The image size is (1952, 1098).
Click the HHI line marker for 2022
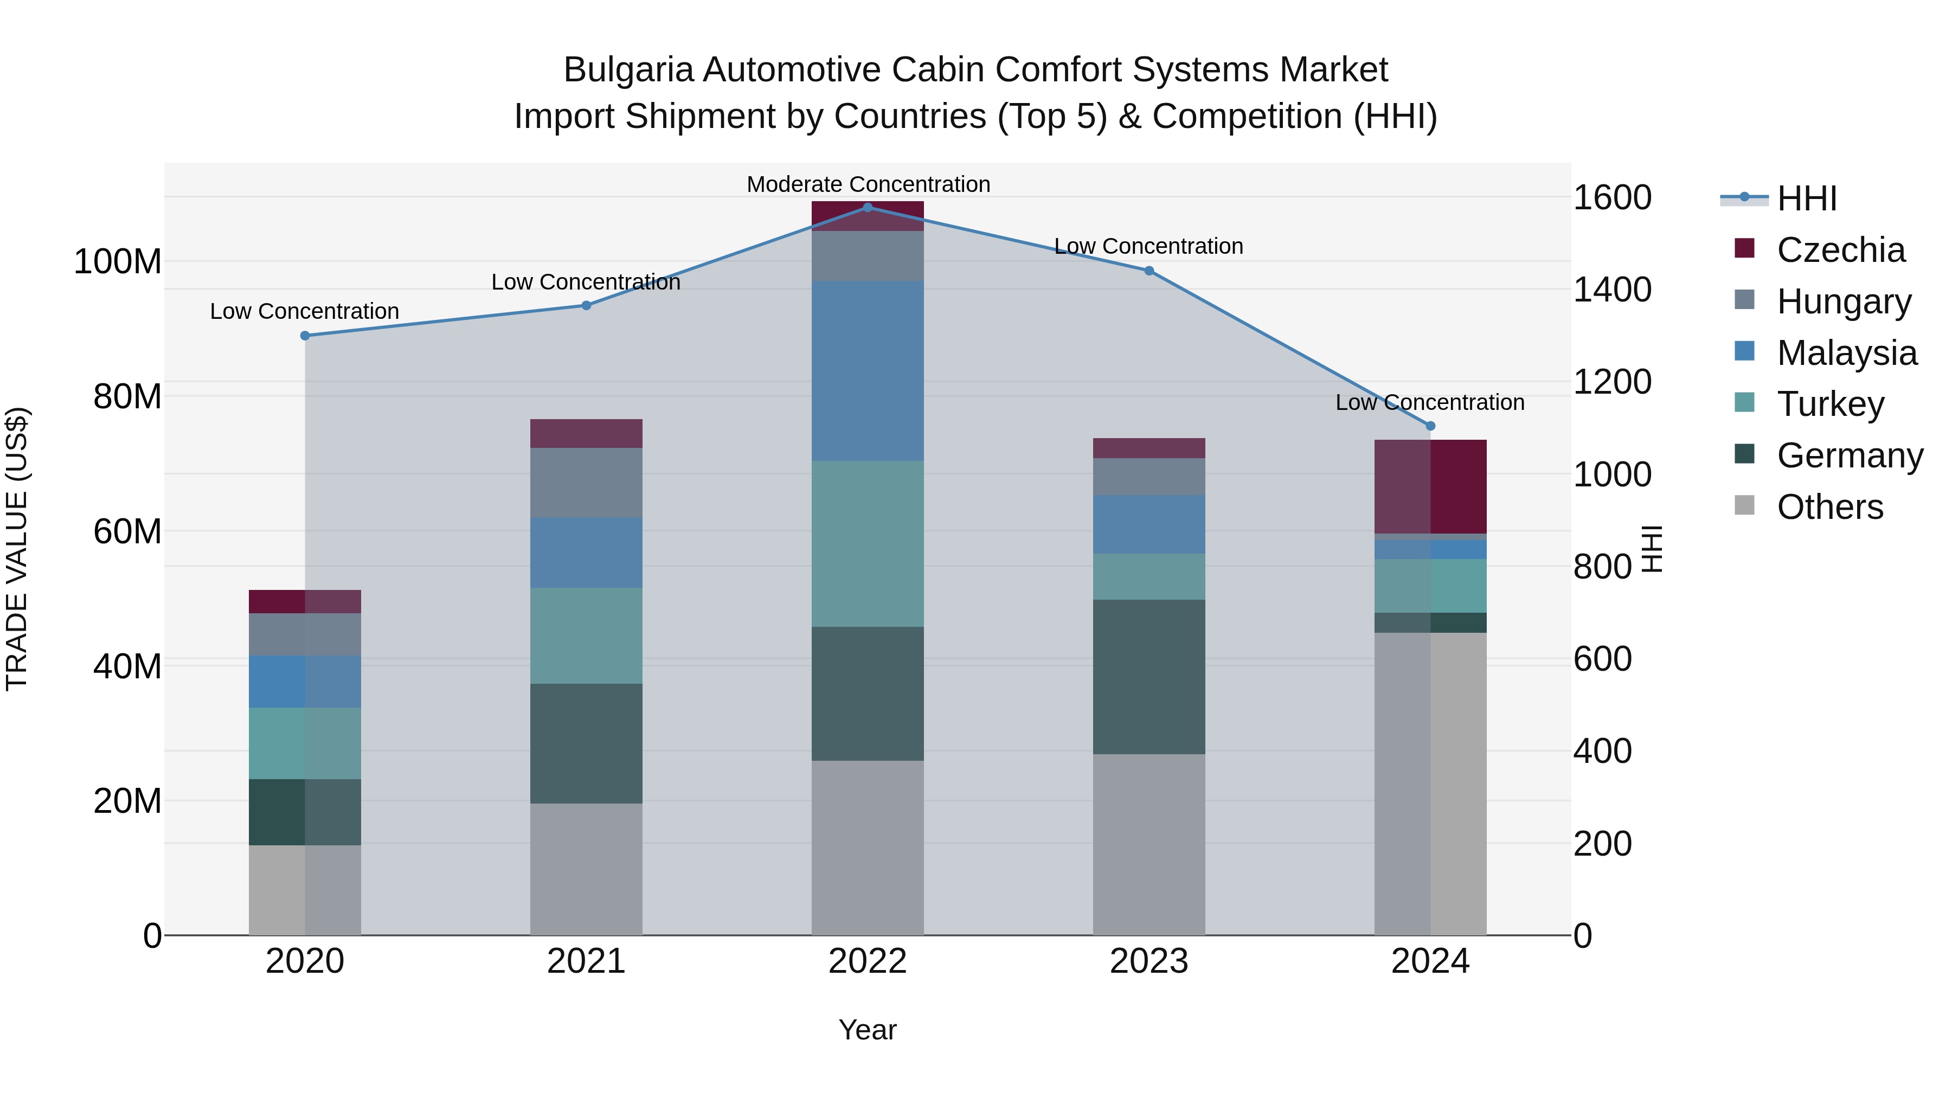[x=868, y=208]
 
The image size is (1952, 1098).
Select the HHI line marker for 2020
[x=305, y=336]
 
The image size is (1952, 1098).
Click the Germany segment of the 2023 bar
[x=1149, y=677]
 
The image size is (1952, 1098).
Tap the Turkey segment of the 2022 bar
[x=868, y=543]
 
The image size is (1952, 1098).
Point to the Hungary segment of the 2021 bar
[x=586, y=483]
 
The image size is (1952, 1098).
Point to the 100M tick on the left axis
[x=118, y=262]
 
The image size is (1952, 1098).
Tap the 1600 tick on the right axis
[x=1613, y=198]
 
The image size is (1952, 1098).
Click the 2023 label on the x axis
[x=1149, y=961]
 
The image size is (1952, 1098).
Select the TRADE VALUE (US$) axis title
[x=17, y=549]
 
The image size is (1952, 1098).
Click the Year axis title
[x=868, y=1030]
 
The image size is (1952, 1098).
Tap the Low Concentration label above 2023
[x=1149, y=246]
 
